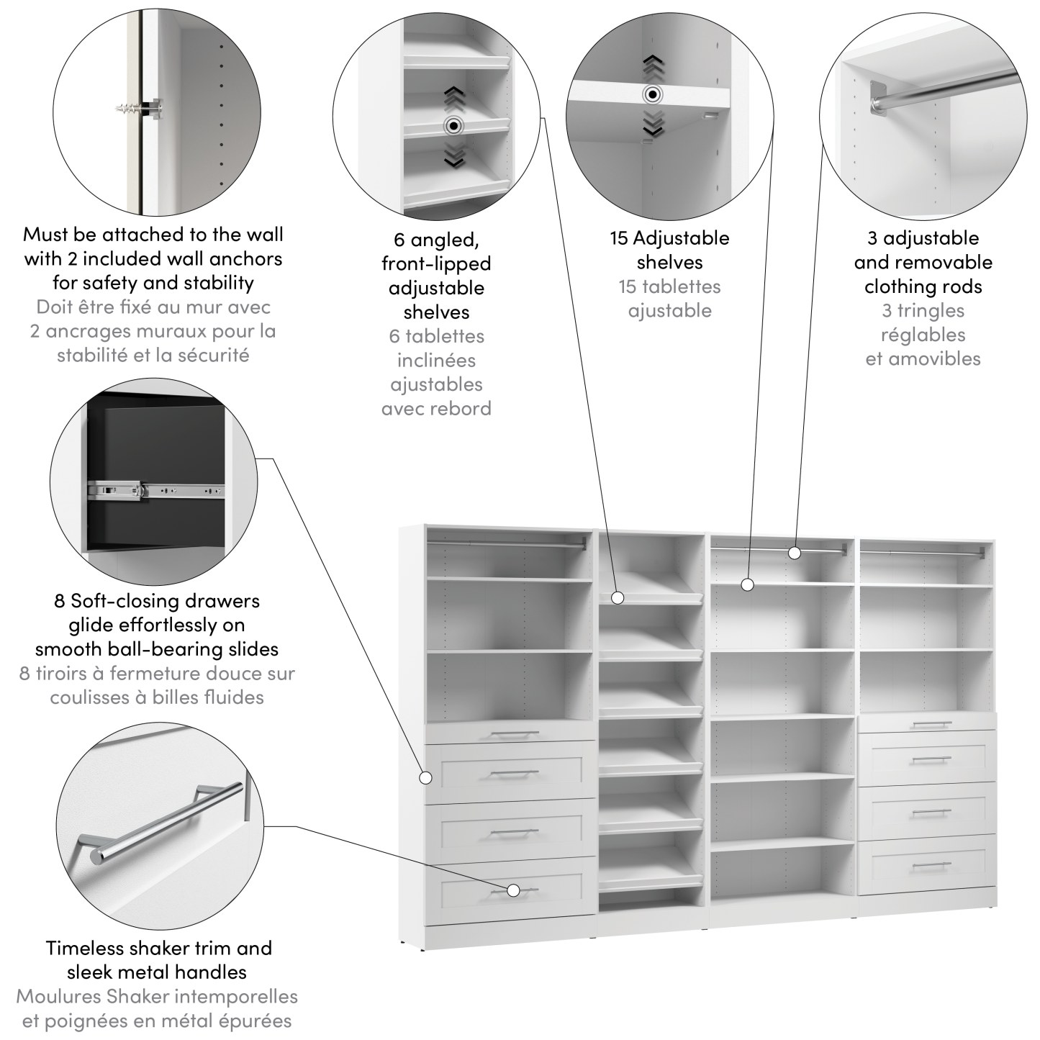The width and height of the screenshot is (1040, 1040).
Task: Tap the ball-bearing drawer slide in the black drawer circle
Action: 155,491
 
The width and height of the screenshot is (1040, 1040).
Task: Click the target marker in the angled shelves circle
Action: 453,126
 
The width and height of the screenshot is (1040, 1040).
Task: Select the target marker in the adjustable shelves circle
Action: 653,94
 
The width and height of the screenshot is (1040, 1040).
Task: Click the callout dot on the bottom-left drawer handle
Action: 513,890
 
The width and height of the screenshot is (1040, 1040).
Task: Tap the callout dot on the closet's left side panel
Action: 425,777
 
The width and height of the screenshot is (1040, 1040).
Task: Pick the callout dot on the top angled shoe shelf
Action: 617,597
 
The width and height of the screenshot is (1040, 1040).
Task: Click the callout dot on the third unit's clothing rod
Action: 794,553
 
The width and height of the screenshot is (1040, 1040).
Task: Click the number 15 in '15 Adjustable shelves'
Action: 619,238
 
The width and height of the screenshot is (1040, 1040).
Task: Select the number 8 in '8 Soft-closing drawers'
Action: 59,601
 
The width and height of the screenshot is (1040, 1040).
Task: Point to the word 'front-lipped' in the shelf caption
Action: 436,263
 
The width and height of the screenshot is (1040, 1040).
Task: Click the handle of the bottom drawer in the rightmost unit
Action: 931,865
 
